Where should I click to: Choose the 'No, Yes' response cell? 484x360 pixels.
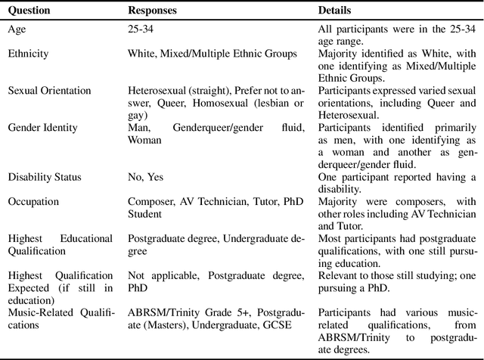click(x=144, y=177)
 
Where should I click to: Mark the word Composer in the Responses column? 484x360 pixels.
click(x=148, y=202)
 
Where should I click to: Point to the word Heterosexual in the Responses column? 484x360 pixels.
click(x=157, y=91)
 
